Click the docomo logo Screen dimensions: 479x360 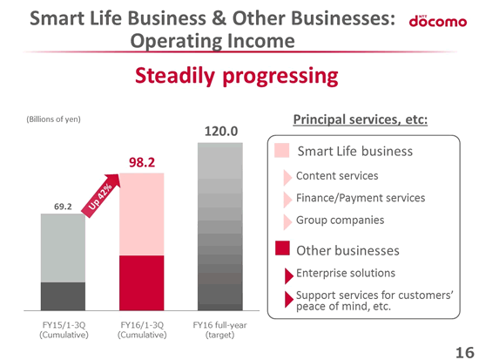(x=438, y=21)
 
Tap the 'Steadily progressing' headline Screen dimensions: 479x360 (x=236, y=76)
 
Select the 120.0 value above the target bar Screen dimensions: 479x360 (x=221, y=132)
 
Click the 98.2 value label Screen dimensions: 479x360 (x=142, y=162)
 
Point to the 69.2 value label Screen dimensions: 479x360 (x=63, y=207)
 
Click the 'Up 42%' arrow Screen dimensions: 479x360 (x=101, y=195)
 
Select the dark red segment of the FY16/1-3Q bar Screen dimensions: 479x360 (x=141, y=283)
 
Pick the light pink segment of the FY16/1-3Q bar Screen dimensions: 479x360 (x=141, y=214)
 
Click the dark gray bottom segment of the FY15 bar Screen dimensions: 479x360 (x=63, y=296)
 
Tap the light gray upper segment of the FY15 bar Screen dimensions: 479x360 (x=63, y=248)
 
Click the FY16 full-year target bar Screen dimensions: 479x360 (x=220, y=227)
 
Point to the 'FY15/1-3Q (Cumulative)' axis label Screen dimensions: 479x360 (x=64, y=329)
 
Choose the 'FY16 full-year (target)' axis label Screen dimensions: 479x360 (x=220, y=329)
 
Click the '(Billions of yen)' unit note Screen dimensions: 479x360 (x=53, y=119)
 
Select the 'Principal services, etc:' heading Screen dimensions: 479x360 (x=361, y=119)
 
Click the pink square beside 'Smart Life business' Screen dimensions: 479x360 (x=281, y=151)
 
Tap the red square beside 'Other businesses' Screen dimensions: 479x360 (x=282, y=248)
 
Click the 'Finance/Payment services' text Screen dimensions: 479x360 (x=361, y=198)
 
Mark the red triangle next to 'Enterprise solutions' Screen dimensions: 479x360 (x=288, y=276)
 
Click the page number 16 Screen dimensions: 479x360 (x=465, y=353)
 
